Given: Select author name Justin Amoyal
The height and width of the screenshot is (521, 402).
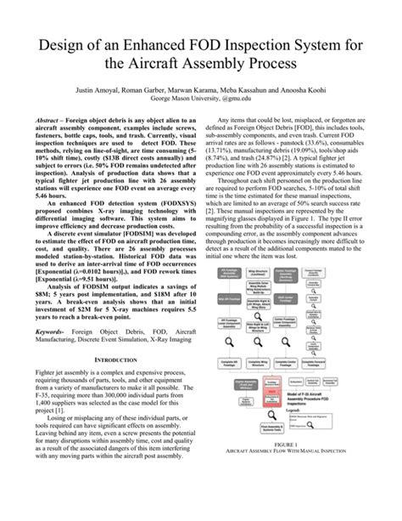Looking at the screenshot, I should tap(109, 88).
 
